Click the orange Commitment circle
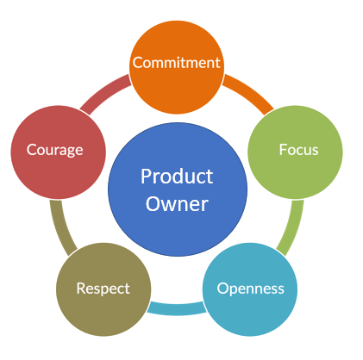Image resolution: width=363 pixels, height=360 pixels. pyautogui.click(x=177, y=67)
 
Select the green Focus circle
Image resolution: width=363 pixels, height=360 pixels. pyautogui.click(x=295, y=152)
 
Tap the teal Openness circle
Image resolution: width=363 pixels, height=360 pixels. pyautogui.click(x=250, y=289)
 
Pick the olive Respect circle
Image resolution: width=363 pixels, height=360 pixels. pyautogui.click(x=103, y=289)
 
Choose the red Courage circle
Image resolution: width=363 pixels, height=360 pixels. pyautogui.click(x=59, y=152)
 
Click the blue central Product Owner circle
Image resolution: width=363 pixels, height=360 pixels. pyautogui.click(x=178, y=189)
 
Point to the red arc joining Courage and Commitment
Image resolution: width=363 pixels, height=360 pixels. pyautogui.click(x=104, y=93)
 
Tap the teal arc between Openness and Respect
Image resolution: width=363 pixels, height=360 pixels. pyautogui.click(x=177, y=309)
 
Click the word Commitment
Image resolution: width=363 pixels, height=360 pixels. pyautogui.click(x=177, y=63)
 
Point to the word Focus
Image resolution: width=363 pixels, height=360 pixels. pyautogui.click(x=299, y=150)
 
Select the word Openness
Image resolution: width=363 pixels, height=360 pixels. pyautogui.click(x=250, y=289)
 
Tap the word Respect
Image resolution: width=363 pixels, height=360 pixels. pyautogui.click(x=103, y=289)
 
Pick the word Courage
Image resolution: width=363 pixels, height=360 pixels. pyautogui.click(x=55, y=150)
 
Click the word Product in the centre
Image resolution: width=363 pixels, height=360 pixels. pyautogui.click(x=177, y=176)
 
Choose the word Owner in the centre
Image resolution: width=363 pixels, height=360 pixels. pyautogui.click(x=177, y=204)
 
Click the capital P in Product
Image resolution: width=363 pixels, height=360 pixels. pyautogui.click(x=146, y=177)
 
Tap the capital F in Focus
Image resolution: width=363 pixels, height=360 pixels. pyautogui.click(x=284, y=150)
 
